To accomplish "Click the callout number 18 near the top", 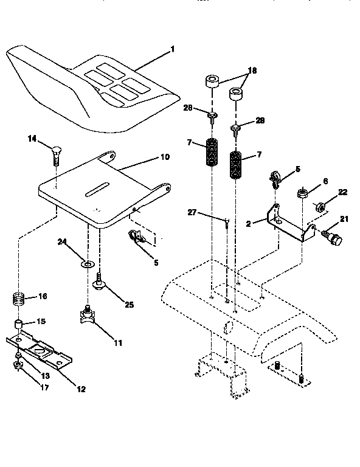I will (x=251, y=71).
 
